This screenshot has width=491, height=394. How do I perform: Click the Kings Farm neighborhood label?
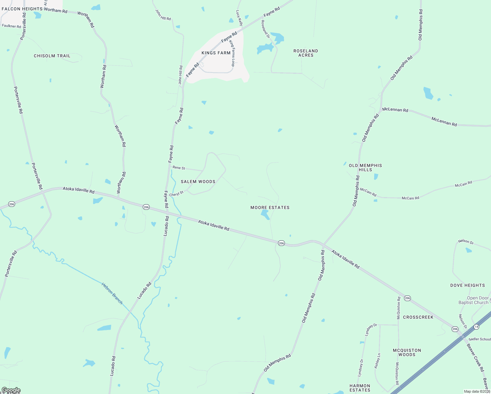click(x=216, y=53)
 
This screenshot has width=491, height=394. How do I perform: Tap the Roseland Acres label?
click(x=306, y=53)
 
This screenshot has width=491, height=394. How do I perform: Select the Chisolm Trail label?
click(x=52, y=56)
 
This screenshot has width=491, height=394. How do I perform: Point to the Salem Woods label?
click(x=198, y=182)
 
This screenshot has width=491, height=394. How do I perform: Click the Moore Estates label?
click(x=270, y=208)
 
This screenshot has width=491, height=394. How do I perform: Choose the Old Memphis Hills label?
click(x=365, y=167)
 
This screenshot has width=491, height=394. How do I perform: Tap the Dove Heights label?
click(x=467, y=285)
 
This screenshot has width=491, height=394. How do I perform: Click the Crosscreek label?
click(x=418, y=317)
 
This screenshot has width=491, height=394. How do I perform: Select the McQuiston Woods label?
click(x=407, y=352)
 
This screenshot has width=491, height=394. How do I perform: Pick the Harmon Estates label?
click(x=360, y=388)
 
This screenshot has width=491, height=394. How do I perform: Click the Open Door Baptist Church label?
click(x=473, y=300)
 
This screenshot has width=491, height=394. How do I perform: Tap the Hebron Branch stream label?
click(x=112, y=293)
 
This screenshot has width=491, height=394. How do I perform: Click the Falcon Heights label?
click(x=22, y=9)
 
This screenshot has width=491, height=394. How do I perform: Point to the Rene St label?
click(x=179, y=168)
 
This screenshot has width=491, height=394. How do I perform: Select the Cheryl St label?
click(x=176, y=194)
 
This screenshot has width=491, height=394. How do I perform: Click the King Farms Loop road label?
click(x=232, y=53)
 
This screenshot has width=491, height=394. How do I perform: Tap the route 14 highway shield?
click(x=476, y=327)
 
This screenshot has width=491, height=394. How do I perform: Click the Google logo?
click(x=11, y=390)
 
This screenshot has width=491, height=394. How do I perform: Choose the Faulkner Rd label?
click(x=11, y=26)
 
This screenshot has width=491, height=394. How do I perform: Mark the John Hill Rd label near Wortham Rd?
click(x=163, y=15)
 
